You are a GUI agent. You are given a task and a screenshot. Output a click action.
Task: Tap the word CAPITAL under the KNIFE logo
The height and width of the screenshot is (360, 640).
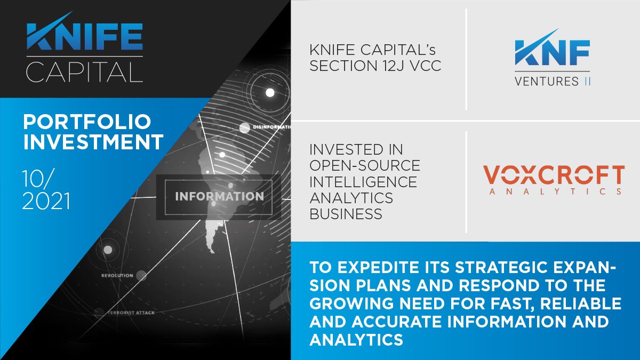tap(84, 71)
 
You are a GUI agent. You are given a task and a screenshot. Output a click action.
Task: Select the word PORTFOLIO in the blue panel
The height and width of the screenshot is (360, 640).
tap(87, 122)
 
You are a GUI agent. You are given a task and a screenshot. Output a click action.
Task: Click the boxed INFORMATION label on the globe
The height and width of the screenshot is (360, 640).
tap(219, 196)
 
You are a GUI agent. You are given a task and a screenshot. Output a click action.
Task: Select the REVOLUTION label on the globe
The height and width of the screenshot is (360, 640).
tap(117, 275)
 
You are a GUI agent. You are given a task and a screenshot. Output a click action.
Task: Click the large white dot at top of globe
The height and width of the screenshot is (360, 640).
tap(270, 93)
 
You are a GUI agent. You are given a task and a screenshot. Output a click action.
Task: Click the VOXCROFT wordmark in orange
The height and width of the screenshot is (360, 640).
tap(553, 175)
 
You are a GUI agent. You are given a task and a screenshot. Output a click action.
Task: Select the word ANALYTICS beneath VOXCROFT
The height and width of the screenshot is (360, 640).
tap(553, 190)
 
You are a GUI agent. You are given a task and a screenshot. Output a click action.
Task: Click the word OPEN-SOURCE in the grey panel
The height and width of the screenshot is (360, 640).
tap(364, 165)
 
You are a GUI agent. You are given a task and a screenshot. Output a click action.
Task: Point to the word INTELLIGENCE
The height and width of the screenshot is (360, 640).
tap(363, 181)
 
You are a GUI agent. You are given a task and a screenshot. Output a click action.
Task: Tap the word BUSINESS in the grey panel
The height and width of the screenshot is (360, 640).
tap(346, 214)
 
